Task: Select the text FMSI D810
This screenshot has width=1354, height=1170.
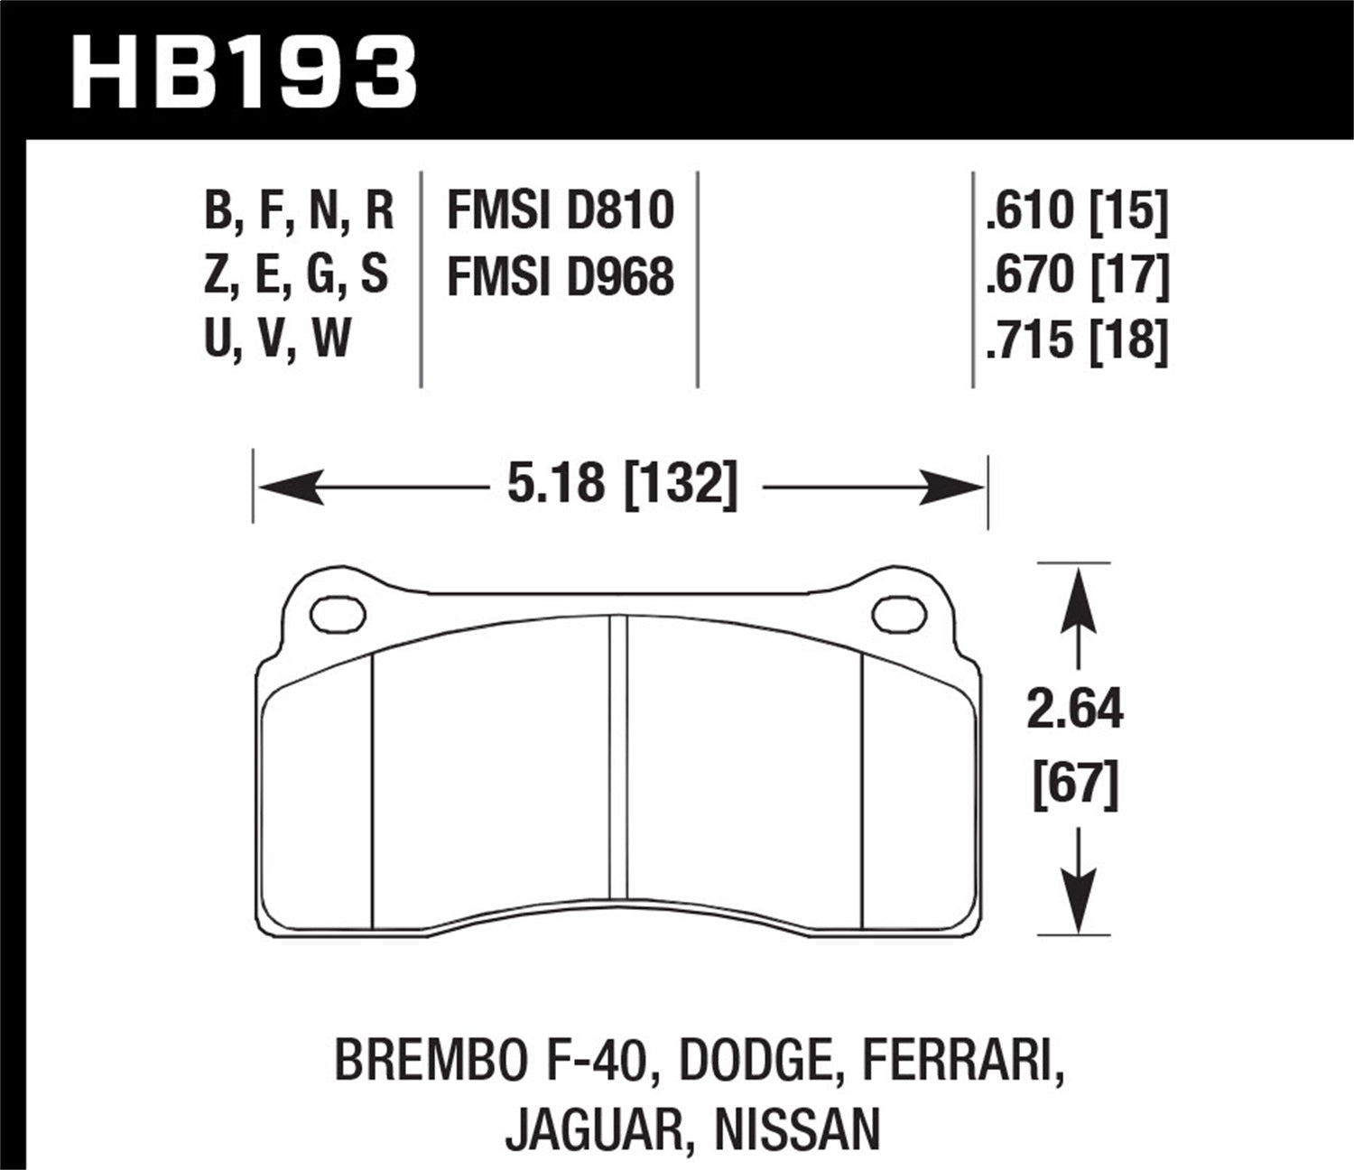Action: pos(561,210)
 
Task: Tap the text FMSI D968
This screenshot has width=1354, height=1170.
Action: pos(561,275)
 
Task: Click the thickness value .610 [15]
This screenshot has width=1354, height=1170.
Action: pos(1077,210)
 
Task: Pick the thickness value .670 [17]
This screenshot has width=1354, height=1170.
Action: pos(1077,275)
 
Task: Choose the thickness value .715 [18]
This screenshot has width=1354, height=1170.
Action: pos(1077,340)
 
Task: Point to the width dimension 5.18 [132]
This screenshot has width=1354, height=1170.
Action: pos(622,484)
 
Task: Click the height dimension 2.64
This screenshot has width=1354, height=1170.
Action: pos(1074,710)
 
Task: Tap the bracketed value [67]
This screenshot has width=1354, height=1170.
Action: pos(1074,784)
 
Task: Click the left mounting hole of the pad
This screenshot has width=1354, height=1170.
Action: pos(338,614)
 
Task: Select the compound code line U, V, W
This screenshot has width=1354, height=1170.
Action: pos(277,340)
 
